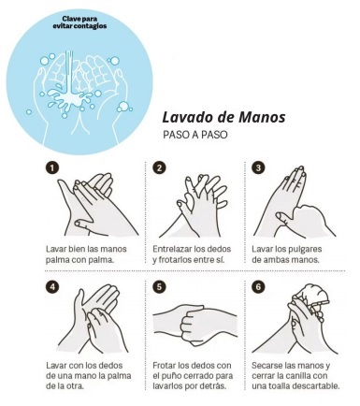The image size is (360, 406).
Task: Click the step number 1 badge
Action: point(51,167)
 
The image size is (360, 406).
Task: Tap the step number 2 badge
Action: point(159,167)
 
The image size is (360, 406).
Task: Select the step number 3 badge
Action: point(258,167)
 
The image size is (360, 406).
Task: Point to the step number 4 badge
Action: point(51,286)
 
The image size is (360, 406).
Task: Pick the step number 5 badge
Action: point(159,286)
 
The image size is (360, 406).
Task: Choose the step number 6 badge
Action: point(258,286)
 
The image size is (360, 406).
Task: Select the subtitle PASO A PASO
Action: point(195,135)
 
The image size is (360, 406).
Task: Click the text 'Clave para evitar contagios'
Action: point(79,22)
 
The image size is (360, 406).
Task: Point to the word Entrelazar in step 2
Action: point(172,249)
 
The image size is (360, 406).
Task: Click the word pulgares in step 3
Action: point(302,250)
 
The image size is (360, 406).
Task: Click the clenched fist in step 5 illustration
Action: point(193,326)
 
